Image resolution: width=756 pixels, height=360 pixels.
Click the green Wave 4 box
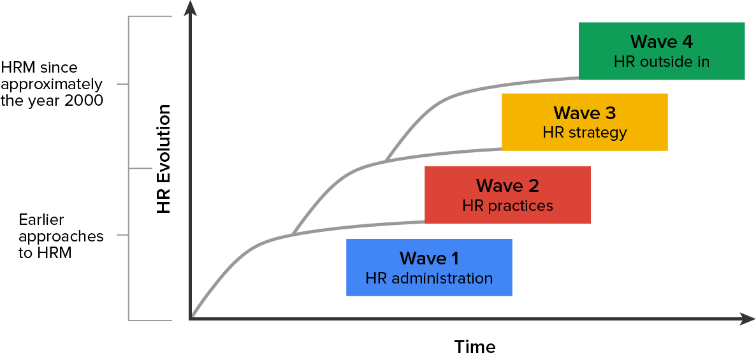coord(662,52)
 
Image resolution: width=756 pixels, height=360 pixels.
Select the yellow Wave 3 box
coord(585,122)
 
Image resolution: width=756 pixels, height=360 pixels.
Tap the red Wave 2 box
coord(507,195)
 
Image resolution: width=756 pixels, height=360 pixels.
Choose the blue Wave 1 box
coord(429,268)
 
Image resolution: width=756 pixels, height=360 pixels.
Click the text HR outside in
coord(662,62)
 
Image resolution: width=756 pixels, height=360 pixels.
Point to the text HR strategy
coord(585,133)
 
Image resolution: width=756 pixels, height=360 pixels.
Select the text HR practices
coord(507,206)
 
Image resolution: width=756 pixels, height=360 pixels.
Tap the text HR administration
coord(429,278)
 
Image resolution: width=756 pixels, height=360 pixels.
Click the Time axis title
coord(475,347)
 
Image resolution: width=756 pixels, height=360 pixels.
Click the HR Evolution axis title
coord(164,159)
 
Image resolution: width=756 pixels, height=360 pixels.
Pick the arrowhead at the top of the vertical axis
coord(190,8)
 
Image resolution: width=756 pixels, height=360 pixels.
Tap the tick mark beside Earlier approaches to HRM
coord(122,235)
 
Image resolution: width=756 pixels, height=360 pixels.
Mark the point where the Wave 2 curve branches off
coord(293,234)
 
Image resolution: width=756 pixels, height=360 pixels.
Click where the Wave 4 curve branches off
coord(386,160)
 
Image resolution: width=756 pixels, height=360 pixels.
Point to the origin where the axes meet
coord(191,318)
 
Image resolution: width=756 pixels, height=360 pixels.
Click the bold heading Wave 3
coord(585,113)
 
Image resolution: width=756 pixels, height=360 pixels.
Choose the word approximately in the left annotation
coord(51,84)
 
